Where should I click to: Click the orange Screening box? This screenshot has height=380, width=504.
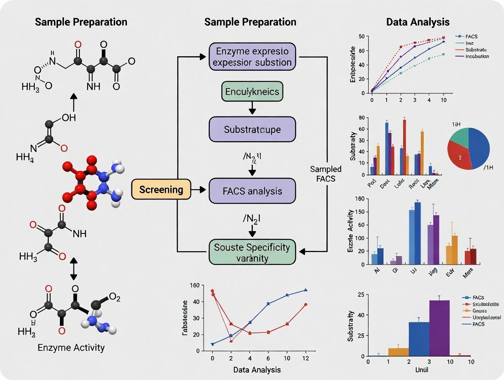[x=161, y=190]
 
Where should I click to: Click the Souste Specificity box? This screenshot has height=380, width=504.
[x=252, y=252]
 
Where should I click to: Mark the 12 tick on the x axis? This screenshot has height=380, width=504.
[x=305, y=359]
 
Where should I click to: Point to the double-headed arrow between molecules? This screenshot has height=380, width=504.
[x=73, y=270]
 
